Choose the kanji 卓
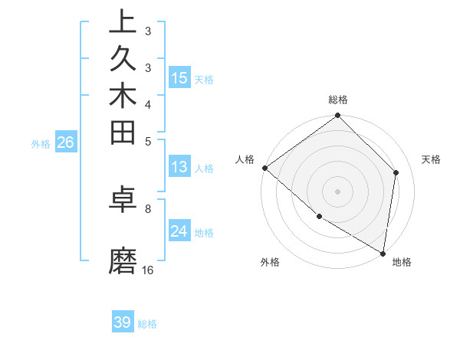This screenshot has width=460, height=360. tap(123, 200)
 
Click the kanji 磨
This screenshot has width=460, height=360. tap(123, 261)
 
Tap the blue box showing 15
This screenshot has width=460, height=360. tap(179, 78)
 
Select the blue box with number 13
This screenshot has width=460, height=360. tap(179, 168)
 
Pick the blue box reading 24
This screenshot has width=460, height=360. tap(179, 231)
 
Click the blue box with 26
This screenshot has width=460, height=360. tap(66, 142)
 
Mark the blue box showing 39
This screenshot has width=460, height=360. tap(123, 322)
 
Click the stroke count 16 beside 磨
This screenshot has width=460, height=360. tap(148, 270)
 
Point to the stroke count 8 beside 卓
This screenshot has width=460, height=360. tap(148, 208)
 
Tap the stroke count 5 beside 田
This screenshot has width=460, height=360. tap(148, 140)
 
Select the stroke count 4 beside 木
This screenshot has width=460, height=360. tap(148, 103)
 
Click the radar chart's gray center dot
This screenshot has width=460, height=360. tap(337, 191)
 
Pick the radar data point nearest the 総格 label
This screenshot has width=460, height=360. tap(337, 116)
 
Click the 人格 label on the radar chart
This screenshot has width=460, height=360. tap(245, 159)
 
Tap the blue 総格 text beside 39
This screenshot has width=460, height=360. tap(147, 324)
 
